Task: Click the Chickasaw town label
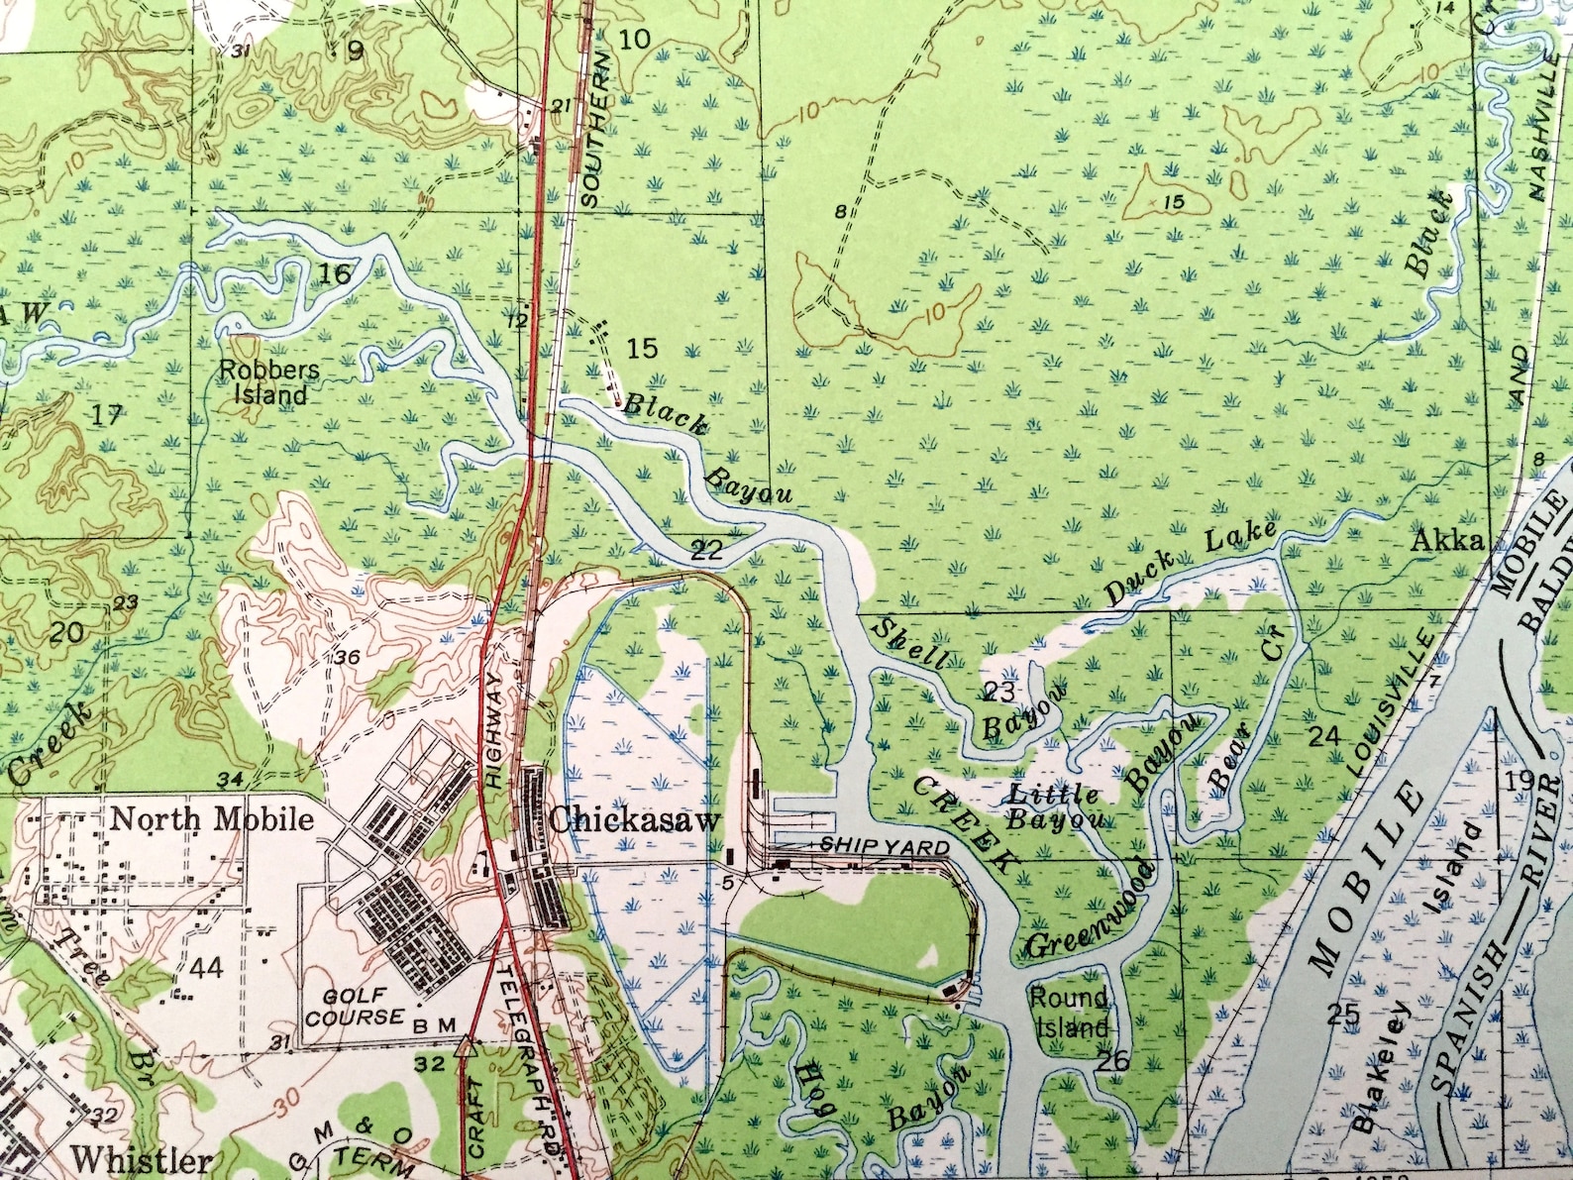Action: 634,820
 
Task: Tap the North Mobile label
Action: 211,819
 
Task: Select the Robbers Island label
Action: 269,382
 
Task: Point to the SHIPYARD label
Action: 885,847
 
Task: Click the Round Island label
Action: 1069,1013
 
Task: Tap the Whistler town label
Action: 142,1158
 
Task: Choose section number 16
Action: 335,272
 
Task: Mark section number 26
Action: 1113,1061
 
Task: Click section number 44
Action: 206,968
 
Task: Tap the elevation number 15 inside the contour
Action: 1175,202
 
